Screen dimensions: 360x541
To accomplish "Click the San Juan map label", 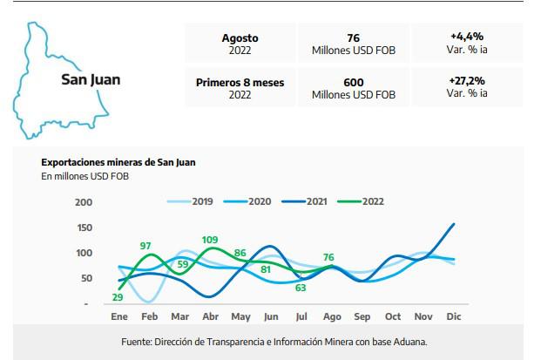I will coord(91,80).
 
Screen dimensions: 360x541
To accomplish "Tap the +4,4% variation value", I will coord(467,43).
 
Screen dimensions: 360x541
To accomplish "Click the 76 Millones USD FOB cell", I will coord(353,44).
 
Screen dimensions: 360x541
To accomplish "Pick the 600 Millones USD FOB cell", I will coord(353,88).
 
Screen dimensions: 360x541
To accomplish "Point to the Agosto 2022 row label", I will coord(240,44).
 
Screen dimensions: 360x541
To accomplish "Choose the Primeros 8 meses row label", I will coord(240,88).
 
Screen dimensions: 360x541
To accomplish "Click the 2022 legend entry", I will coord(370,201).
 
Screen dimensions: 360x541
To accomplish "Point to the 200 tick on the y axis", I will coord(84,202).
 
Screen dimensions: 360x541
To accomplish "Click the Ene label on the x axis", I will coord(119,316).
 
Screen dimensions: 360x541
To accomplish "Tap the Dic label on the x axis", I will coord(453,316).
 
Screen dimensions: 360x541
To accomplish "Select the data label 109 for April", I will coord(209,239).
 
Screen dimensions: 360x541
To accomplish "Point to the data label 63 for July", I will coord(301,288).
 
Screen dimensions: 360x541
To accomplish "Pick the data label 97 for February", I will coord(145,246).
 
